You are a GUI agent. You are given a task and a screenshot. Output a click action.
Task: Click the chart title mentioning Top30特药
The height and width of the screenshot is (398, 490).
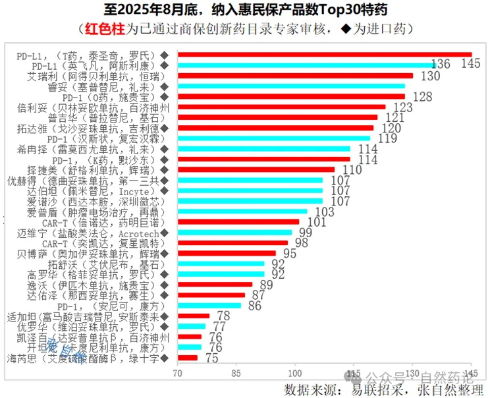245,10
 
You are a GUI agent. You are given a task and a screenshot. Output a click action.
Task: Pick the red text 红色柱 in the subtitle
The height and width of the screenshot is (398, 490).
103,28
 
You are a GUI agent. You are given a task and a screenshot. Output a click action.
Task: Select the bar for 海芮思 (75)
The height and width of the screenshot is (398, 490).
187,358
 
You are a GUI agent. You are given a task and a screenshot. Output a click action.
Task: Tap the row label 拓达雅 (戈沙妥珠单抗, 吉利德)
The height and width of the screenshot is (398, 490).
89,128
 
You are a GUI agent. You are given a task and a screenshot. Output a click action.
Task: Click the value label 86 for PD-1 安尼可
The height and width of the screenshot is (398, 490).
255,306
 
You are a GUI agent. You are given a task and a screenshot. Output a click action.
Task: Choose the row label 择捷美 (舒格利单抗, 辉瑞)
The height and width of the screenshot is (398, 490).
89,170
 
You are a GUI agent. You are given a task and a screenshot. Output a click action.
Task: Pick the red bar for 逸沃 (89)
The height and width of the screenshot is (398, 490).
215,285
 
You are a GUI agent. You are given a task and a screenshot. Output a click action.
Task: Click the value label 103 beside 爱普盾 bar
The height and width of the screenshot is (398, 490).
325,212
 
